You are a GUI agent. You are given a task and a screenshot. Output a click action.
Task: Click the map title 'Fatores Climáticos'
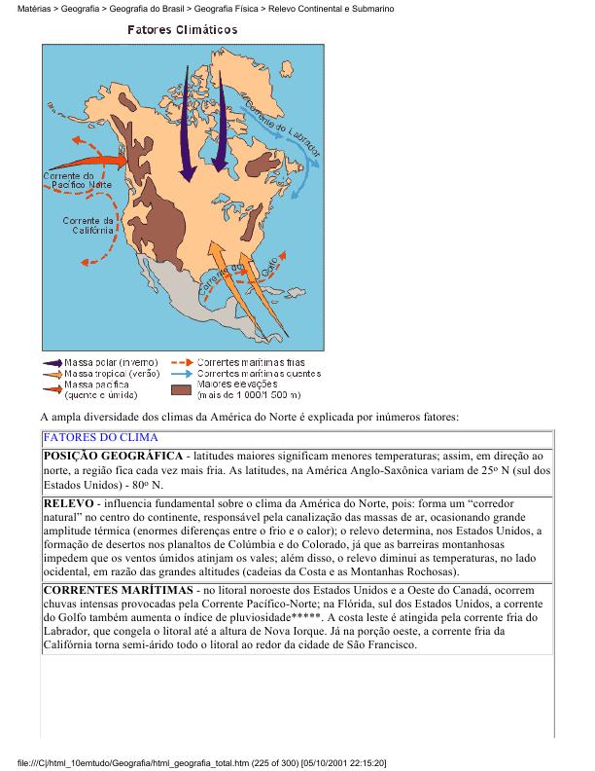[183, 30]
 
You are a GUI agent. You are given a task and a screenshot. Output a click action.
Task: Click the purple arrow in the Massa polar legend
[52, 363]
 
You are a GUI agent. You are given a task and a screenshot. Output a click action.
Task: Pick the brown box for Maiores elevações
[180, 389]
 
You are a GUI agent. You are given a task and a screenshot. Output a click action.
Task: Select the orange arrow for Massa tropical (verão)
[52, 374]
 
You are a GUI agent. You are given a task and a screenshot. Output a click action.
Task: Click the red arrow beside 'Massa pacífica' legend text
[52, 385]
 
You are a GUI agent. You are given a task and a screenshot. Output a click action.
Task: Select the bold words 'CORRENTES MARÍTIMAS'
[118, 591]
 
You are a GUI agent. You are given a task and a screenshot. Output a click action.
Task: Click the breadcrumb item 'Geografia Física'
[226, 8]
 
